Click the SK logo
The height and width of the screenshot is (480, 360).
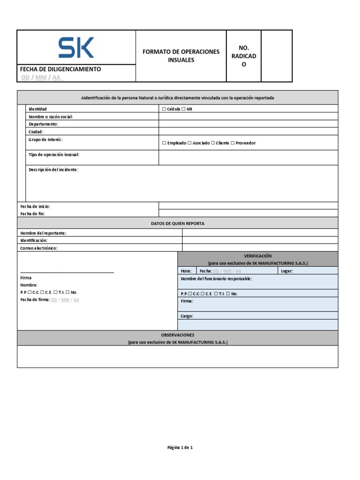tap(76, 48)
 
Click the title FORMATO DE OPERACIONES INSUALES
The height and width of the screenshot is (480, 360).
tap(181, 56)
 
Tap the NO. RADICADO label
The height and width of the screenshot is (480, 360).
tap(243, 56)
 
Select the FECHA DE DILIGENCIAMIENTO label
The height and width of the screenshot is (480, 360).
tap(60, 69)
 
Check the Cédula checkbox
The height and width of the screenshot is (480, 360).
tap(164, 109)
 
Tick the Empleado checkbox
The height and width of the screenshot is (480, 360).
tap(164, 143)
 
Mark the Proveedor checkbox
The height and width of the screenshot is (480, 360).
tap(233, 143)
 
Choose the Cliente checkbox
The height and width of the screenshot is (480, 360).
tap(213, 143)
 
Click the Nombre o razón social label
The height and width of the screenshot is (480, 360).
tap(51, 117)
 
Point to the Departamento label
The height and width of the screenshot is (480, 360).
tap(43, 124)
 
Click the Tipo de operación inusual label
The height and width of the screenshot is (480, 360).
tap(54, 154)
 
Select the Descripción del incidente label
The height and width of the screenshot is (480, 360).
tap(53, 170)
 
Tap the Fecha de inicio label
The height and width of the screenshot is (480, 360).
tap(35, 206)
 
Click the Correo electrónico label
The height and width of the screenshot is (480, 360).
tap(38, 248)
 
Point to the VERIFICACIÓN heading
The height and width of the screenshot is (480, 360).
tap(258, 256)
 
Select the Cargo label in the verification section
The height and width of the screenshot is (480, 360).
tap(187, 316)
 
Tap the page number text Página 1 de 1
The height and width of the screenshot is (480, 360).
tap(180, 448)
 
